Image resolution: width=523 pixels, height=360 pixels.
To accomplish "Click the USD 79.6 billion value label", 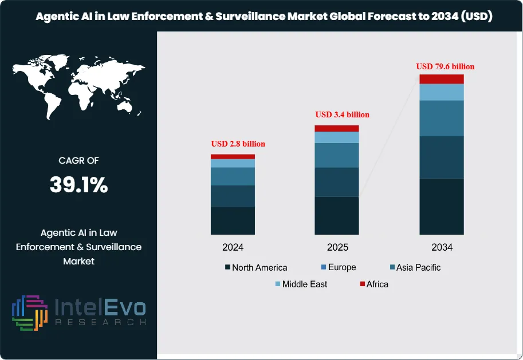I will coord(445,66).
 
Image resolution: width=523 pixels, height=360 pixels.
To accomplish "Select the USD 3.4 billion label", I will coord(342,114).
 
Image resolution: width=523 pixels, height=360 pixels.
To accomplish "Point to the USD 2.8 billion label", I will coord(238,144).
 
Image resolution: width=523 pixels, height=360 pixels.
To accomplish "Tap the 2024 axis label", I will coord(233,248).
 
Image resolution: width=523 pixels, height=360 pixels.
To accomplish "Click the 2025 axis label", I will coord(337,248).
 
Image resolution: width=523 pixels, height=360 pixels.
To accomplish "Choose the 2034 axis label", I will coord(442,248).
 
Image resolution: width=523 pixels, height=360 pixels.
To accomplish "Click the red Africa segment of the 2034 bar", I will coord(441,79).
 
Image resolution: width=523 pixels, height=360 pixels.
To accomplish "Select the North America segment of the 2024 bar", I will coord(233,220).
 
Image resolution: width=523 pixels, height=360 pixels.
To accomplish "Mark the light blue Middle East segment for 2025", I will coord(337,137).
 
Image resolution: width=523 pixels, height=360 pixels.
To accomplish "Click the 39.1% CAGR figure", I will coord(78,185).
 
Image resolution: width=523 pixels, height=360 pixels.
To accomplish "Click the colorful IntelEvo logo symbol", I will coord(29,313).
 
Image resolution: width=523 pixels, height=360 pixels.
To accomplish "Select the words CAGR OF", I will coord(78,161).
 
